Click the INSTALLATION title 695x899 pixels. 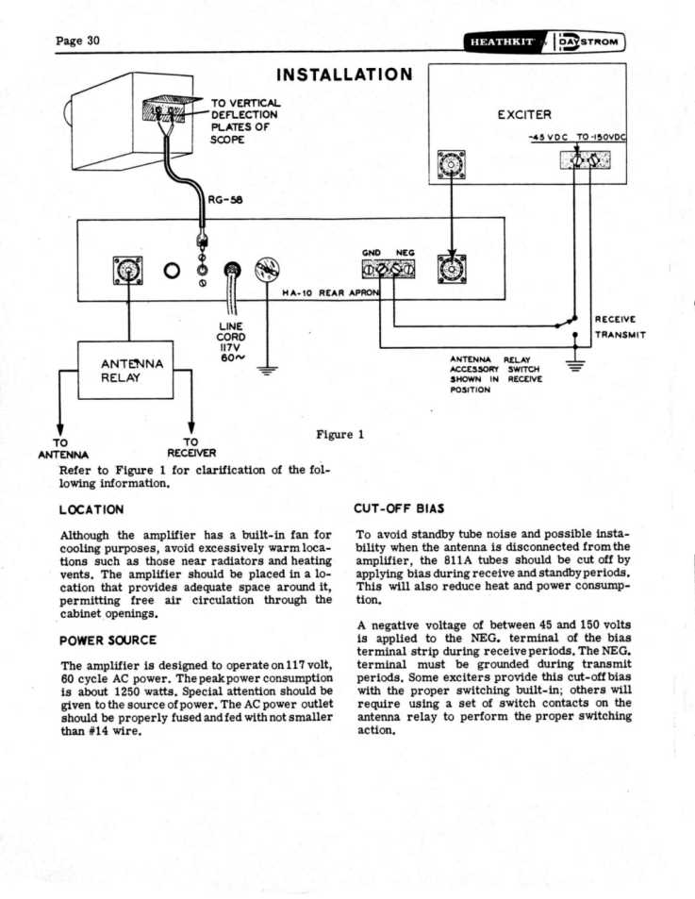click(x=344, y=75)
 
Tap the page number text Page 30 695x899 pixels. click(x=78, y=41)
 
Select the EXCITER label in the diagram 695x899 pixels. click(x=524, y=115)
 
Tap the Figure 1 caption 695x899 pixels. click(x=339, y=434)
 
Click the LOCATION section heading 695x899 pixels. click(x=91, y=509)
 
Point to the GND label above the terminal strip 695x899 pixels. click(x=372, y=253)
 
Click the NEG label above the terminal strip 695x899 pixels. click(x=405, y=253)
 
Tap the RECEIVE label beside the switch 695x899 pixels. click(x=616, y=319)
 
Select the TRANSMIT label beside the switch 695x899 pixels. click(x=620, y=335)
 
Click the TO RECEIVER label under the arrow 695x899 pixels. click(x=191, y=447)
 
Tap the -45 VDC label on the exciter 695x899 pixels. click(x=549, y=139)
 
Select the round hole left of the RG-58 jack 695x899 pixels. click(x=172, y=272)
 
